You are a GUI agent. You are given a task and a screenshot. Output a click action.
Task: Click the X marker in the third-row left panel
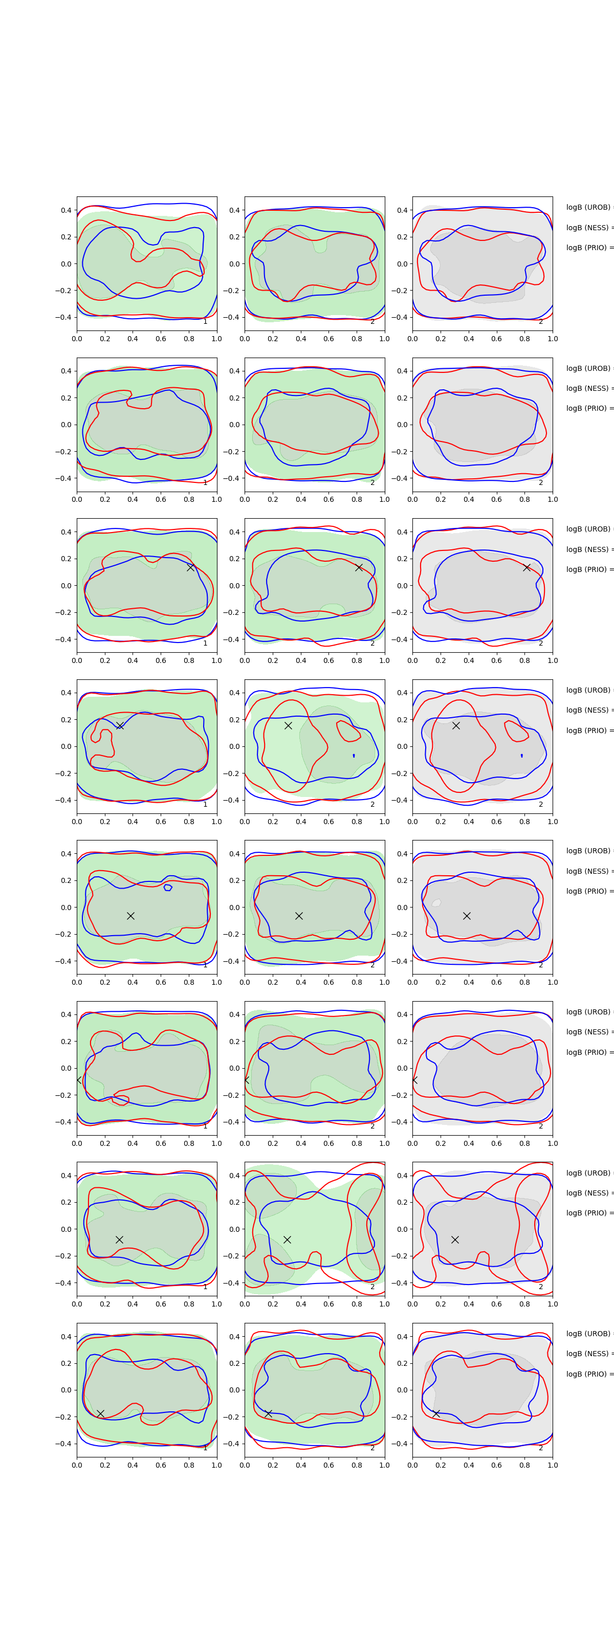pyautogui.click(x=190, y=567)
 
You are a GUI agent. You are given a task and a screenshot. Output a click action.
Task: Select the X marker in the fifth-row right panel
pyautogui.click(x=467, y=916)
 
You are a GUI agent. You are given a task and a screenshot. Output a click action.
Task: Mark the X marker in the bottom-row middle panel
pyautogui.click(x=268, y=1413)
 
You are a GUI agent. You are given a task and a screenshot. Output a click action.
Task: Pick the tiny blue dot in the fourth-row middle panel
pyautogui.click(x=354, y=756)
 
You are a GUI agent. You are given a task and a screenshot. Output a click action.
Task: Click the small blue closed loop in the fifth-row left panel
pyautogui.click(x=168, y=887)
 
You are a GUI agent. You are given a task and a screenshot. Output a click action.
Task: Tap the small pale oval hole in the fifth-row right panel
pyautogui.click(x=436, y=902)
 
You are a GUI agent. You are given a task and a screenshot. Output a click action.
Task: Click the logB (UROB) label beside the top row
pyautogui.click(x=588, y=207)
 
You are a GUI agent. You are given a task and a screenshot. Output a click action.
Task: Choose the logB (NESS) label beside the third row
pyautogui.click(x=588, y=549)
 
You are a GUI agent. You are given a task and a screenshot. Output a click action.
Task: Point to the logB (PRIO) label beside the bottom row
pyautogui.click(x=588, y=1374)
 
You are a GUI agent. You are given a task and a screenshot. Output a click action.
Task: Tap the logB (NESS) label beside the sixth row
pyautogui.click(x=588, y=1032)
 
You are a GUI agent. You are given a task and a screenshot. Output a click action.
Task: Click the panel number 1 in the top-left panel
pyautogui.click(x=205, y=322)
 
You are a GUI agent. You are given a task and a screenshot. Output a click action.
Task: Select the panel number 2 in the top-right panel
pyautogui.click(x=541, y=322)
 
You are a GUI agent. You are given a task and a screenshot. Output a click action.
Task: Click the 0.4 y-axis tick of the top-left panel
pyautogui.click(x=66, y=210)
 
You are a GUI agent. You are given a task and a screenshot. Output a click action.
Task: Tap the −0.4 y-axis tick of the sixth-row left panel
pyautogui.click(x=63, y=1122)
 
